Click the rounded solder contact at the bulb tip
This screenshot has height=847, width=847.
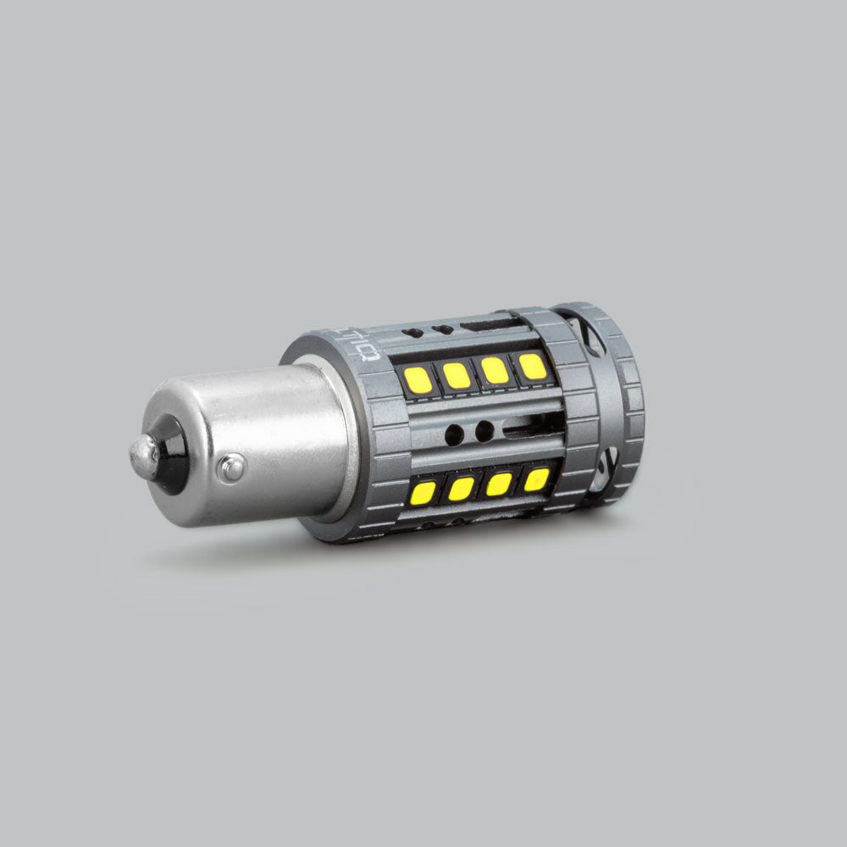(x=142, y=458)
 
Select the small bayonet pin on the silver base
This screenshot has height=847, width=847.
(x=230, y=467)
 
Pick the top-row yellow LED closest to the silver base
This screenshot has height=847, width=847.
(x=418, y=379)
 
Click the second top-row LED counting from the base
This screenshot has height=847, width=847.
(x=457, y=375)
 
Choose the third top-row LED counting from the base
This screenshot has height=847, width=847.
(x=495, y=370)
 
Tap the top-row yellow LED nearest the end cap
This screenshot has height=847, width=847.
(x=532, y=366)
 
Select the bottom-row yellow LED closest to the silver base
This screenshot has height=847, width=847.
(x=423, y=492)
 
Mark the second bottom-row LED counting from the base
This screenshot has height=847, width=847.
(x=461, y=488)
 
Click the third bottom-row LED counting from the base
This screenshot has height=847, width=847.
(x=499, y=484)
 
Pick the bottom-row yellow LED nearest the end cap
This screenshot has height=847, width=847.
(x=535, y=479)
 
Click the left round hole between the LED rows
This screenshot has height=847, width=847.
(x=454, y=435)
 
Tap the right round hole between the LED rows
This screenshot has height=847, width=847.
(x=484, y=431)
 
